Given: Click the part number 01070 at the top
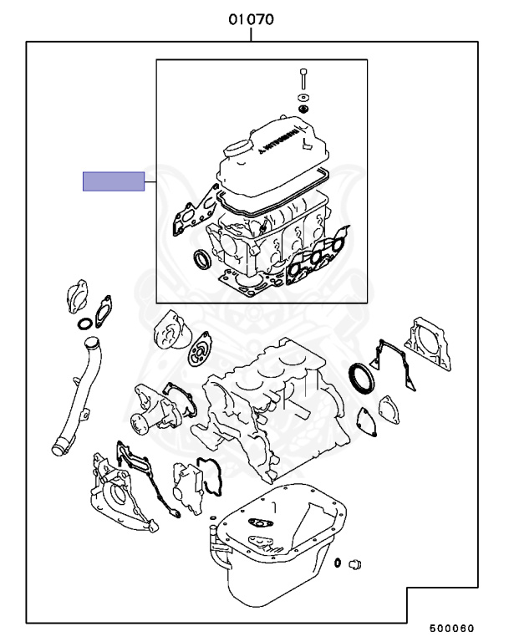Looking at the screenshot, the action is point(252,18).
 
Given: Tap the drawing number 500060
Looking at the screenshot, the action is point(452,629).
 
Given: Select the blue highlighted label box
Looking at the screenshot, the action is point(113,181).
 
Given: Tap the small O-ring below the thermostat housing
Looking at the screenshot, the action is point(83,324).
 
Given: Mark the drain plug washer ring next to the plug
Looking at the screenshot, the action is point(337,563).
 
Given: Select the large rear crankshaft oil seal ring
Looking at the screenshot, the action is point(361,376).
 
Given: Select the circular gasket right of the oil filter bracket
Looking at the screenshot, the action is point(201,349).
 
